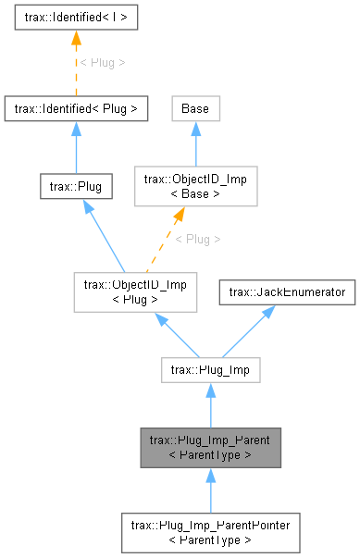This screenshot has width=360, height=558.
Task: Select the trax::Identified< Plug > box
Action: [76, 108]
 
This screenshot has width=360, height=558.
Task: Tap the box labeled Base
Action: [194, 108]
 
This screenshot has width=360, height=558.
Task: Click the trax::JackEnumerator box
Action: [287, 292]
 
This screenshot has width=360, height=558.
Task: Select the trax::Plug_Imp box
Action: [211, 371]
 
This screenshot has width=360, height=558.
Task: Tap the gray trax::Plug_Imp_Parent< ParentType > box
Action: [211, 449]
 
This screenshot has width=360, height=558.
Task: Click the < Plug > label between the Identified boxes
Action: [102, 62]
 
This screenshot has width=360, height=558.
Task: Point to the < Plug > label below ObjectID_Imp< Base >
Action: [198, 239]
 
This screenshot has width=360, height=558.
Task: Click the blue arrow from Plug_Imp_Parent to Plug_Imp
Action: [211, 407]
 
